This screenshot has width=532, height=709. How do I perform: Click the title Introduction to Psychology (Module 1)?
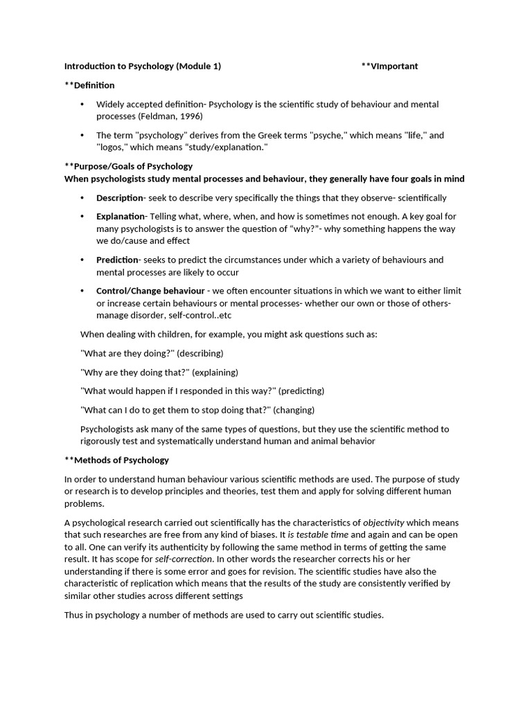point(143,66)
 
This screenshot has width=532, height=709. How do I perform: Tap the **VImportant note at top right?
point(389,66)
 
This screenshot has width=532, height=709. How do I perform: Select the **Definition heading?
point(89,85)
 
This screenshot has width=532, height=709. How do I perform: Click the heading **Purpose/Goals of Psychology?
point(128,166)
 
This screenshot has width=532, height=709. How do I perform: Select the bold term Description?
point(119,198)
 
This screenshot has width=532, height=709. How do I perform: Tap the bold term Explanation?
point(121,217)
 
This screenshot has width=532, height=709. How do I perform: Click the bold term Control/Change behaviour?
point(150,291)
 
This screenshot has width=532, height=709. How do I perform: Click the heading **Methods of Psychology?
point(116,460)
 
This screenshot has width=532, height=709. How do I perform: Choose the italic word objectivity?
point(384,523)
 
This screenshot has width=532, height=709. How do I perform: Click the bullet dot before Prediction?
point(82,260)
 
